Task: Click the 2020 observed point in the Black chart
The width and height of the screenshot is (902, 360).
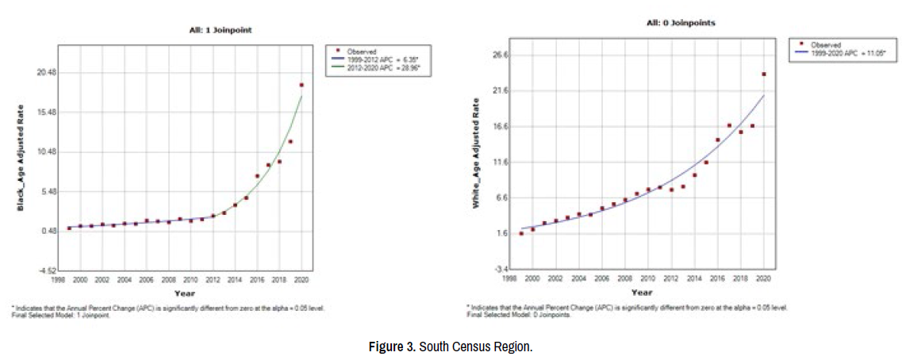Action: [x=301, y=85]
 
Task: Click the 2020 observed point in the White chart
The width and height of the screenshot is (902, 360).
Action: [x=763, y=75]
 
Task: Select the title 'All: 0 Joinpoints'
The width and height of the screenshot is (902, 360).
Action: [x=681, y=23]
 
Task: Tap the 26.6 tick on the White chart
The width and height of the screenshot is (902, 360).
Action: [x=500, y=56]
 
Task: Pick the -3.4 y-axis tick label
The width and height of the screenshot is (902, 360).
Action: [x=501, y=269]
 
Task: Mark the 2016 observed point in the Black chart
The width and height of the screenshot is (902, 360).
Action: [x=257, y=176]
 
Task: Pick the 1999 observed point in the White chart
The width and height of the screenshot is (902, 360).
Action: [x=521, y=233]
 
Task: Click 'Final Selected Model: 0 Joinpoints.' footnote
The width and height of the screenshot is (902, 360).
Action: [x=515, y=315]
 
